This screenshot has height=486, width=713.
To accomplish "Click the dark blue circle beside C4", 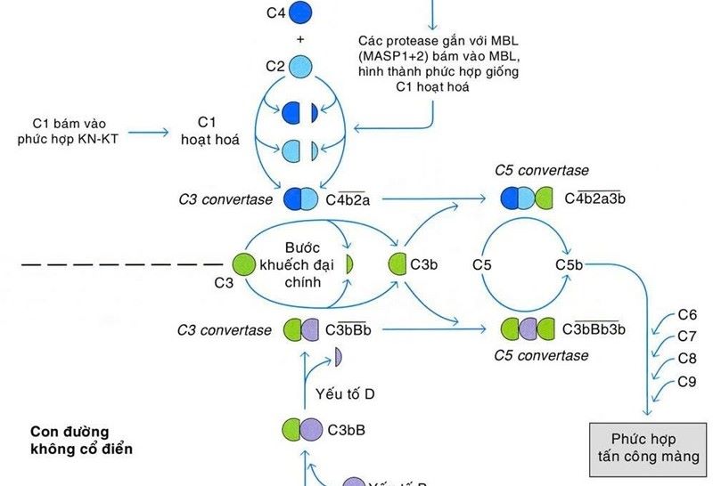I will click(x=301, y=12).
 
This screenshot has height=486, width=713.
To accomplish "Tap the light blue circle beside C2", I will click(x=301, y=68).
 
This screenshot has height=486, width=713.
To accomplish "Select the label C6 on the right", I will click(x=687, y=314).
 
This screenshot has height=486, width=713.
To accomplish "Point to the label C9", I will click(x=687, y=383).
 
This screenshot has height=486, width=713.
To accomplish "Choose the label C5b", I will click(x=569, y=264).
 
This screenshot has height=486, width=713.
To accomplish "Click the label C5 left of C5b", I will click(x=482, y=264).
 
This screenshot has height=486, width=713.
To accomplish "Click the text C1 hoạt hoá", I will click(x=209, y=130).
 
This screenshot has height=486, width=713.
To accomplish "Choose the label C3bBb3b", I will click(x=594, y=330).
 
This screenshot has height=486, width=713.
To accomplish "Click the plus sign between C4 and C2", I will click(x=301, y=39).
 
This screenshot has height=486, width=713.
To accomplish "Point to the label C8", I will click(x=687, y=360).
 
